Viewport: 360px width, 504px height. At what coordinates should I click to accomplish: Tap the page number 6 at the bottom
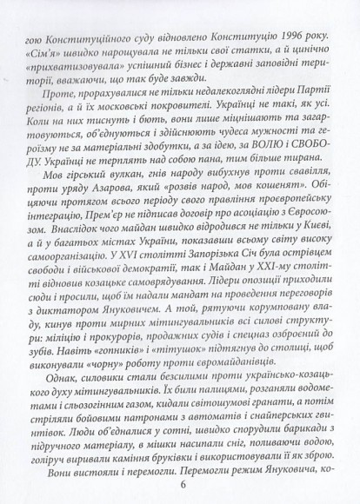pos(181,486)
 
